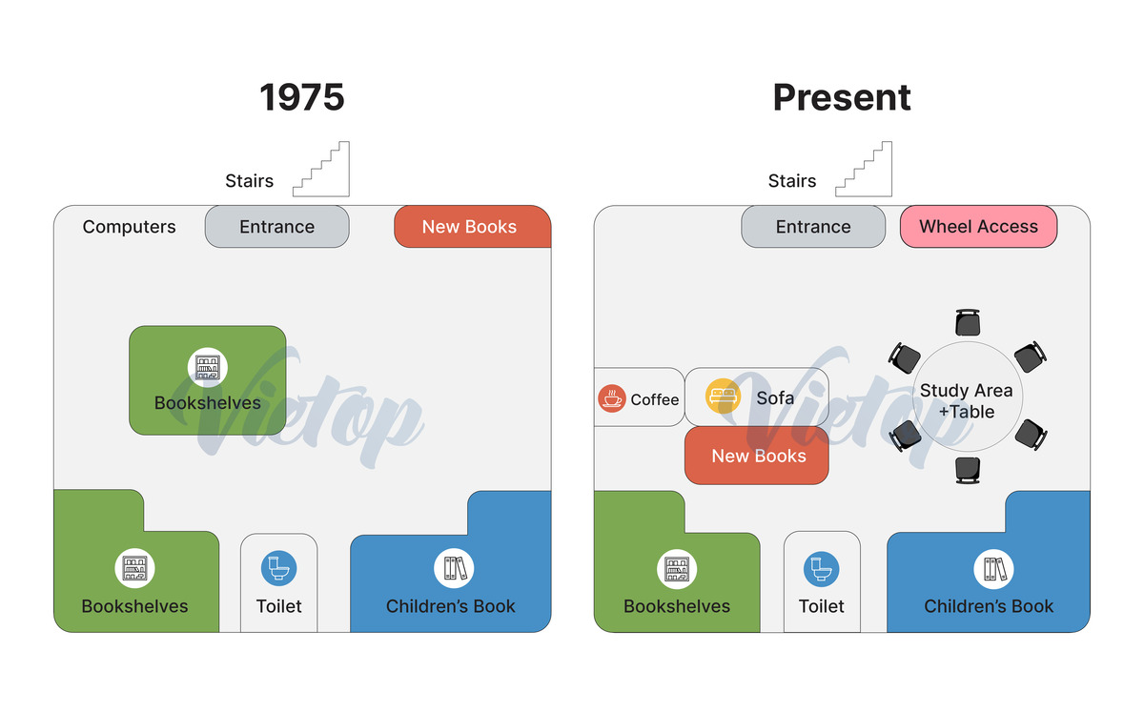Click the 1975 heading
coord(302,97)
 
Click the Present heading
coord(842,97)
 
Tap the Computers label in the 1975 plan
coord(130,226)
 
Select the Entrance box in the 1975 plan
coord(277,226)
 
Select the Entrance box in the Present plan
coord(813,226)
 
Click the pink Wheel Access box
coord(978,226)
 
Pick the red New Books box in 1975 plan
coord(473,226)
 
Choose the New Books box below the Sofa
coord(756,456)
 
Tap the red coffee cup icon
coord(612,398)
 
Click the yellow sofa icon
coord(723,396)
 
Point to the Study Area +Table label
coord(967,401)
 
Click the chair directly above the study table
coord(968,322)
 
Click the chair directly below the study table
coord(968,471)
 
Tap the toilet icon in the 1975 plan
coord(278,568)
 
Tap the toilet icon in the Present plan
coord(821,569)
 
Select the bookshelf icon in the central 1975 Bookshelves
coord(208,367)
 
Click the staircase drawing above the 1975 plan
coord(321,169)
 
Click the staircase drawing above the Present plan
coord(864,169)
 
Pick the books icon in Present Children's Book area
coord(993,569)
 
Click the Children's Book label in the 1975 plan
coord(450,606)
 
